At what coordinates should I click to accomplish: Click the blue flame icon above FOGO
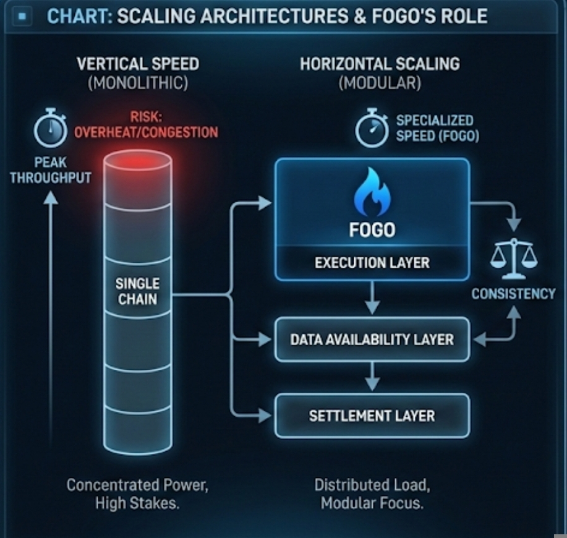coord(372,193)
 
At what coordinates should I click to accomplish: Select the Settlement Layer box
coord(372,416)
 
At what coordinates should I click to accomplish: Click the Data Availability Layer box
coord(372,339)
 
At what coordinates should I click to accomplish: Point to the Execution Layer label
coord(372,262)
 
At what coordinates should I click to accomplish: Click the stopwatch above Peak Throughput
coord(50,129)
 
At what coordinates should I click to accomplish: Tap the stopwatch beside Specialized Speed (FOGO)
coord(372,129)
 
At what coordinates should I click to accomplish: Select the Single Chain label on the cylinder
coord(137,291)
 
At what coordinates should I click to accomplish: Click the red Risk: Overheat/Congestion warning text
coord(146,124)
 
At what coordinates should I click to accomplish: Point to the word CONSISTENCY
coord(513,294)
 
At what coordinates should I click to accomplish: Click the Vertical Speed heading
coord(137,64)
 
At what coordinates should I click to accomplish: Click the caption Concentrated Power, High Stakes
coord(137,493)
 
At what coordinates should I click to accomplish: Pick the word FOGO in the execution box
coord(372,230)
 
